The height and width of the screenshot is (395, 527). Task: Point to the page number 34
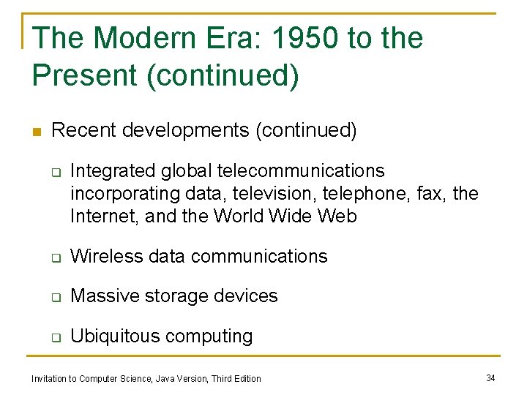[x=490, y=377]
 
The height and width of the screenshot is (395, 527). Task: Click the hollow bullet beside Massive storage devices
[x=54, y=297]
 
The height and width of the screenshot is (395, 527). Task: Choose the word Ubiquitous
[x=115, y=336]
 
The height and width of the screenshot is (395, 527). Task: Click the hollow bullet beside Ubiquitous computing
[x=54, y=337]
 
